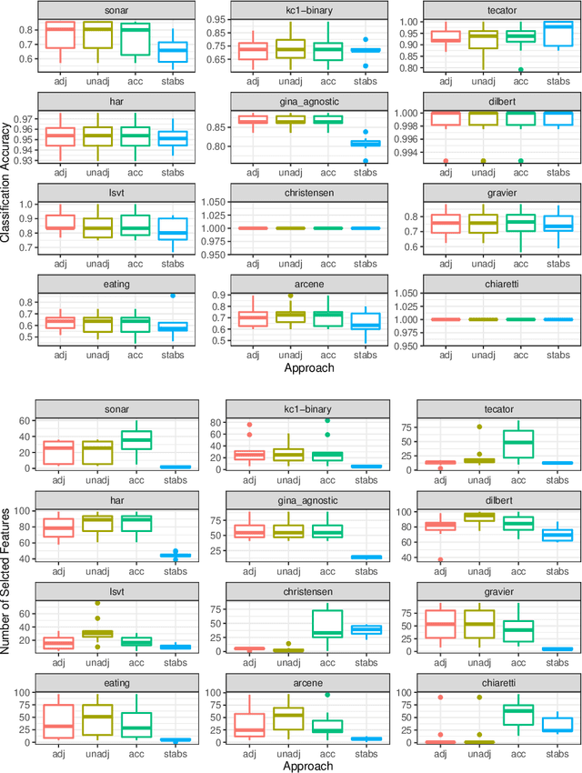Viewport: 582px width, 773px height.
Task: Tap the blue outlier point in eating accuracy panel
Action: pos(173,296)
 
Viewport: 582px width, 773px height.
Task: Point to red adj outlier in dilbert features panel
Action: pos(441,560)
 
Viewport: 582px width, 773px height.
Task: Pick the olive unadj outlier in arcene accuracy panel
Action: pos(289,296)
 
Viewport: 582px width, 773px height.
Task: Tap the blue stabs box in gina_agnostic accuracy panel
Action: pos(365,143)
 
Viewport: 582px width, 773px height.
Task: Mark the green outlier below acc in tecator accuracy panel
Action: pos(521,70)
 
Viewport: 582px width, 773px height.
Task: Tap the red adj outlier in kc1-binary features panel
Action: pos(249,425)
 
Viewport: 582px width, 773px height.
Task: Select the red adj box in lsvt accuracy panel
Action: pos(59,222)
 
